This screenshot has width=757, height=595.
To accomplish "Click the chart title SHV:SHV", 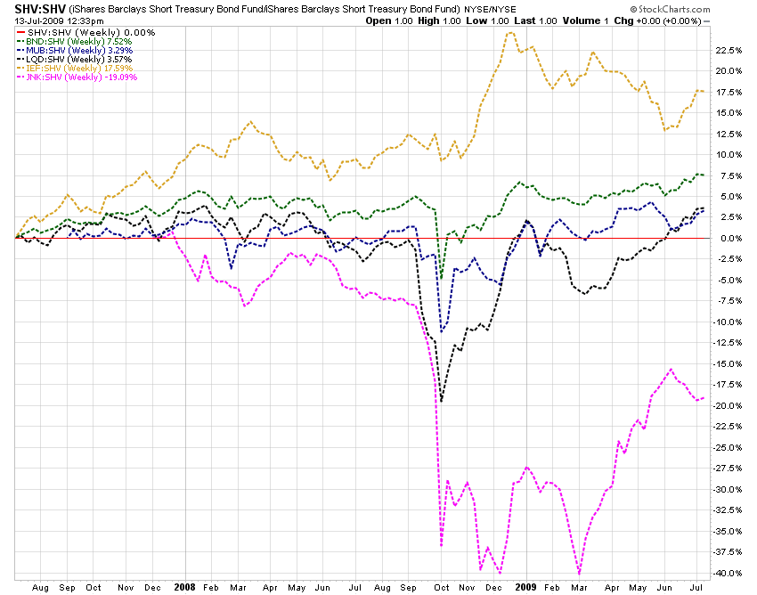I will coord(36,8).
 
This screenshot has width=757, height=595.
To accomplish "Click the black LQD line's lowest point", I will coord(442,402).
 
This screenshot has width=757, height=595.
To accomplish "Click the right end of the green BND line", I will coord(704,175).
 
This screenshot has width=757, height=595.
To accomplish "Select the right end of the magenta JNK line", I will coord(704,397).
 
